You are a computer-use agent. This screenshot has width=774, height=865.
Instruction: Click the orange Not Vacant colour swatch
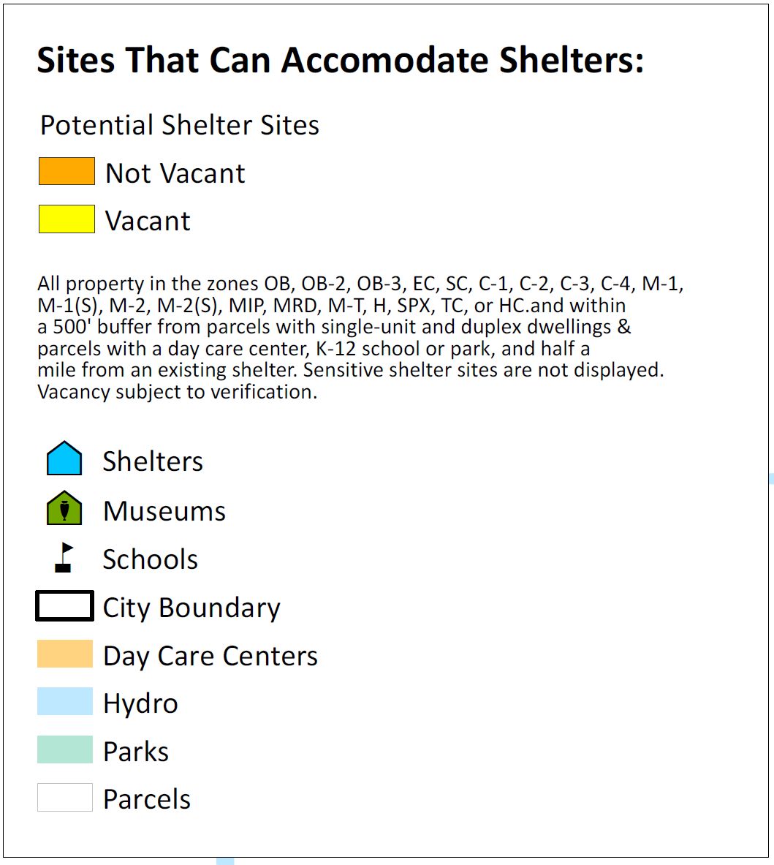click(67, 171)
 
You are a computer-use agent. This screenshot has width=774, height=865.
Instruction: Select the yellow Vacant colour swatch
click(67, 219)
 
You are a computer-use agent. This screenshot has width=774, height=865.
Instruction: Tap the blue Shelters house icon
click(64, 458)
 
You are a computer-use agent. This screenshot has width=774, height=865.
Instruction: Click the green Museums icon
click(64, 507)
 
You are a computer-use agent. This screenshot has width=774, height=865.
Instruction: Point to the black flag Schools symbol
click(64, 558)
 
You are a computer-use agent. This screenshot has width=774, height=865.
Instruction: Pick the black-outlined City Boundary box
click(64, 592)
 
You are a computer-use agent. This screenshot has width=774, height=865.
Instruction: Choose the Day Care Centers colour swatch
click(65, 654)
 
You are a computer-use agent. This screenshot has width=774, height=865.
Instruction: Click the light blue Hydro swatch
click(65, 701)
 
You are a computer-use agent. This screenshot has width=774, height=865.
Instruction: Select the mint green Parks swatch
click(65, 749)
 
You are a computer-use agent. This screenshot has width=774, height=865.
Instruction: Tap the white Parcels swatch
click(65, 797)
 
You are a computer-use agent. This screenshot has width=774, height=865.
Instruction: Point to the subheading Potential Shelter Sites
click(180, 125)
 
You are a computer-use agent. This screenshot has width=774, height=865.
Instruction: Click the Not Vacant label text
click(175, 173)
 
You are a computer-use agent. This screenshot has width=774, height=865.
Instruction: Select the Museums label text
click(164, 511)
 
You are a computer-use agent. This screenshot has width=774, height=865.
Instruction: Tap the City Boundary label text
click(191, 608)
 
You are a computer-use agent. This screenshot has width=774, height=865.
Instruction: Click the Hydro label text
click(140, 703)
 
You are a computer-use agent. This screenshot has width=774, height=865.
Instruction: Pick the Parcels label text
click(147, 798)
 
